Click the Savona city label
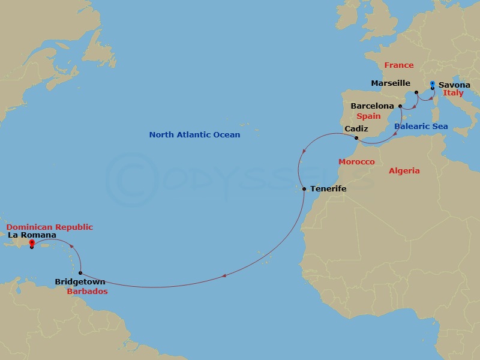455,85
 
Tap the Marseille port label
391,83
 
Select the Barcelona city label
372,106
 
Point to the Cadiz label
356,129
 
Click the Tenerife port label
328,189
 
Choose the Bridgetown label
80,281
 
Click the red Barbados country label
87,292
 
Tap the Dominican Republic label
50,227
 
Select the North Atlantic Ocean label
194,135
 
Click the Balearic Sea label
421,127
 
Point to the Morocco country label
356,162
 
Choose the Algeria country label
404,171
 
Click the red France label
399,65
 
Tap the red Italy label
453,94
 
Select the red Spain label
368,116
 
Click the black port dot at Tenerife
304,190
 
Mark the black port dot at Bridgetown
80,273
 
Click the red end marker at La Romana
31,243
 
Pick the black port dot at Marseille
415,93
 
